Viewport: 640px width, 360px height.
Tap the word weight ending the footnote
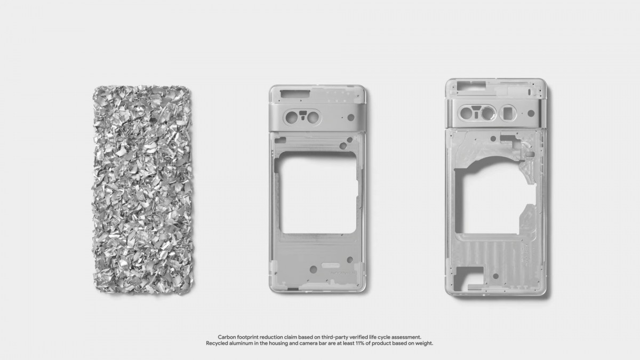pyautogui.click(x=423, y=343)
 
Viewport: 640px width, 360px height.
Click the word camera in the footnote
pyautogui.click(x=311, y=343)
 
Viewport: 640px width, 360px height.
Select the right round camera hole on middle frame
pyautogui.click(x=314, y=116)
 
